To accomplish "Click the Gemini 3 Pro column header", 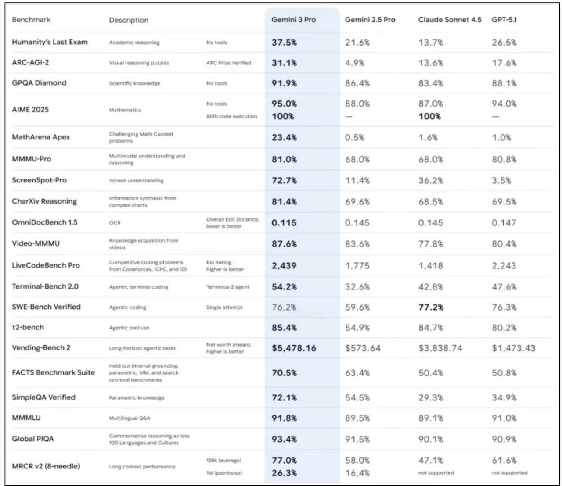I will click(293, 20).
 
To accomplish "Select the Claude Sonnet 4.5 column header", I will click(450, 20).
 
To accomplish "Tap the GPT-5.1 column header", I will click(504, 20).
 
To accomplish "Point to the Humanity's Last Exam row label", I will click(50, 42).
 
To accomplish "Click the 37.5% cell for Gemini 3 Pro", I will click(284, 43).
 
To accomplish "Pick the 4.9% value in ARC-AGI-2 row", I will click(354, 63).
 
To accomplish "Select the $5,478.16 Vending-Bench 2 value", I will click(294, 348).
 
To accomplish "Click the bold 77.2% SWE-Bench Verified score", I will click(431, 307).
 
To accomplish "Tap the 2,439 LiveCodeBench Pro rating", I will click(284, 266).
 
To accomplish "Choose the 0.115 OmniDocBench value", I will click(284, 223).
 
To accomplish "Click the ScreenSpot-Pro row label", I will click(39, 180).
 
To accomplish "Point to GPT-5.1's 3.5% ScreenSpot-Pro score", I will click(501, 180).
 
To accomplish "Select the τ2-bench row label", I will click(28, 327).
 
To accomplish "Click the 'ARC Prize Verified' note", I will click(229, 63).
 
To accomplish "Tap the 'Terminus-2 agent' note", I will click(227, 287).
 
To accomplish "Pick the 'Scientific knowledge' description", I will click(134, 83).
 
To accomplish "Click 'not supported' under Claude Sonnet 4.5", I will click(436, 473).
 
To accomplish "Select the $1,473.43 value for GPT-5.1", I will click(513, 348).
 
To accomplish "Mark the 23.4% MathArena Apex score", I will click(284, 138).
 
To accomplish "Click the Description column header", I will click(129, 20).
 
